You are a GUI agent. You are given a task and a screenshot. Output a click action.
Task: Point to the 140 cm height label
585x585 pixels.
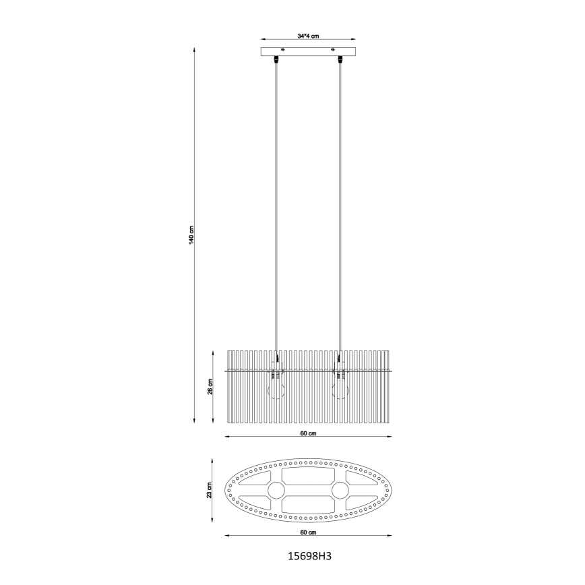[x=191, y=236]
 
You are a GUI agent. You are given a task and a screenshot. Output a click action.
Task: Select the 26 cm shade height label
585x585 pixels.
[x=210, y=388]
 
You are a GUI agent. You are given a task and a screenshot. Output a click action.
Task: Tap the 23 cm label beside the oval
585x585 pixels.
[x=210, y=491]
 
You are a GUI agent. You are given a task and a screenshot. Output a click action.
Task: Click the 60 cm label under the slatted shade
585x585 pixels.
[x=308, y=433]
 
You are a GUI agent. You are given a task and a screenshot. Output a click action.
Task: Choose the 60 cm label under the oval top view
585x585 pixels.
[x=308, y=532]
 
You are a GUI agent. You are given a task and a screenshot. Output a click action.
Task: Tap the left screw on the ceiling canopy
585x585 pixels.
[x=282, y=49]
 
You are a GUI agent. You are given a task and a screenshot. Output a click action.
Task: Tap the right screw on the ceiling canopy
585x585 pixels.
[x=333, y=49]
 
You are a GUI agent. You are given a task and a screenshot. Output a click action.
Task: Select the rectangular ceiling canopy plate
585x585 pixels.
[x=308, y=52]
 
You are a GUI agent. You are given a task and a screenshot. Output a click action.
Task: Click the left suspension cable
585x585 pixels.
[x=276, y=202]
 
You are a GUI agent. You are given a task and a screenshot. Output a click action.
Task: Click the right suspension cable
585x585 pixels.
[x=340, y=202]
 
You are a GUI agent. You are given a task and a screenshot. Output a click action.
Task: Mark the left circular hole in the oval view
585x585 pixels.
[x=276, y=490]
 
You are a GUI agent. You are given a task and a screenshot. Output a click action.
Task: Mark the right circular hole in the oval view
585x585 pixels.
[x=340, y=490]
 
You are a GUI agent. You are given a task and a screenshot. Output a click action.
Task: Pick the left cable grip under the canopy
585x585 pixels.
[x=276, y=61]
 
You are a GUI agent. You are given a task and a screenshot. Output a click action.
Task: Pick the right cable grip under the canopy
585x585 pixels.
[x=340, y=61]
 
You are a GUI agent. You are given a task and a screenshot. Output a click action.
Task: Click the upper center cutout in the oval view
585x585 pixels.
[x=308, y=476]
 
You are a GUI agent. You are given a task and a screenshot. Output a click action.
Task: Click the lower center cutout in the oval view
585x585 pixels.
[x=308, y=504]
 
